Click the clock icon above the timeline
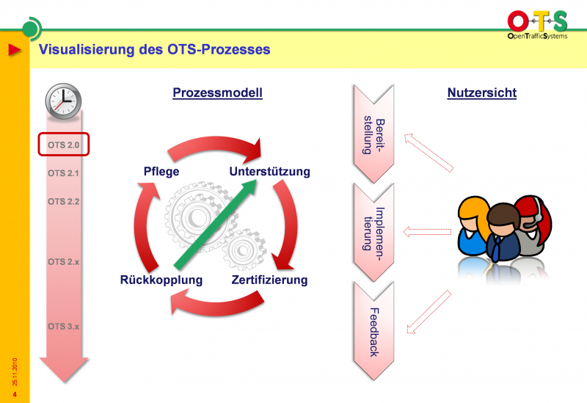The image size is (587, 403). point(63,98)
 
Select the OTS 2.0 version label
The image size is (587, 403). point(63,145)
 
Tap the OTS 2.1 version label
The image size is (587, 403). point(63,173)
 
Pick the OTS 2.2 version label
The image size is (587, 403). point(63,201)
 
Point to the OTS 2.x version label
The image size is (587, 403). point(63,261)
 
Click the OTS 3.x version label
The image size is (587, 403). point(63,326)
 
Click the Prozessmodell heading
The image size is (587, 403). point(217,93)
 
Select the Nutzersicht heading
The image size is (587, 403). point(481,93)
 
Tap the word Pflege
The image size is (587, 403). point(161,172)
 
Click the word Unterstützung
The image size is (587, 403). point(269,172)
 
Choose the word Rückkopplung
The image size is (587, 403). point(161,280)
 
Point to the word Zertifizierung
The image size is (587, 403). point(269,280)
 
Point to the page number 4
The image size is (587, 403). point(15,394)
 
